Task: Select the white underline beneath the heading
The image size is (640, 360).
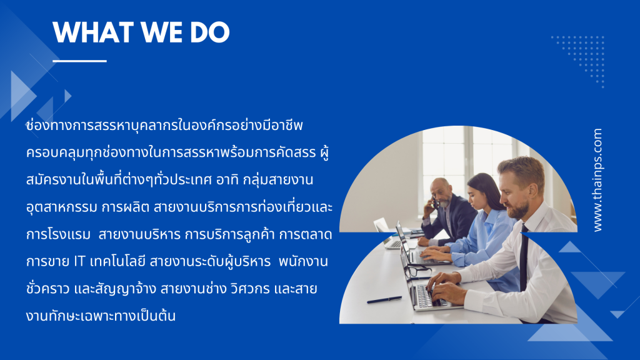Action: point(79,61)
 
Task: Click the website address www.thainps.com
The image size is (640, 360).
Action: point(597,180)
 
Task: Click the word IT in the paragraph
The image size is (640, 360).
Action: point(79,261)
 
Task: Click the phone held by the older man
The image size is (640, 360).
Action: point(436,201)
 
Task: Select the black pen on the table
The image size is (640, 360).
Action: point(384,300)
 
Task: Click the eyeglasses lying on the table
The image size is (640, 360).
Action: point(417,271)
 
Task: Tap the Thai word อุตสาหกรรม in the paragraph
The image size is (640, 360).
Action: point(62,207)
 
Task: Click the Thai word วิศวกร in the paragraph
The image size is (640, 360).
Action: point(250,289)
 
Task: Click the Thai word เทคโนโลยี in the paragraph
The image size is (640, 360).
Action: point(117,261)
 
